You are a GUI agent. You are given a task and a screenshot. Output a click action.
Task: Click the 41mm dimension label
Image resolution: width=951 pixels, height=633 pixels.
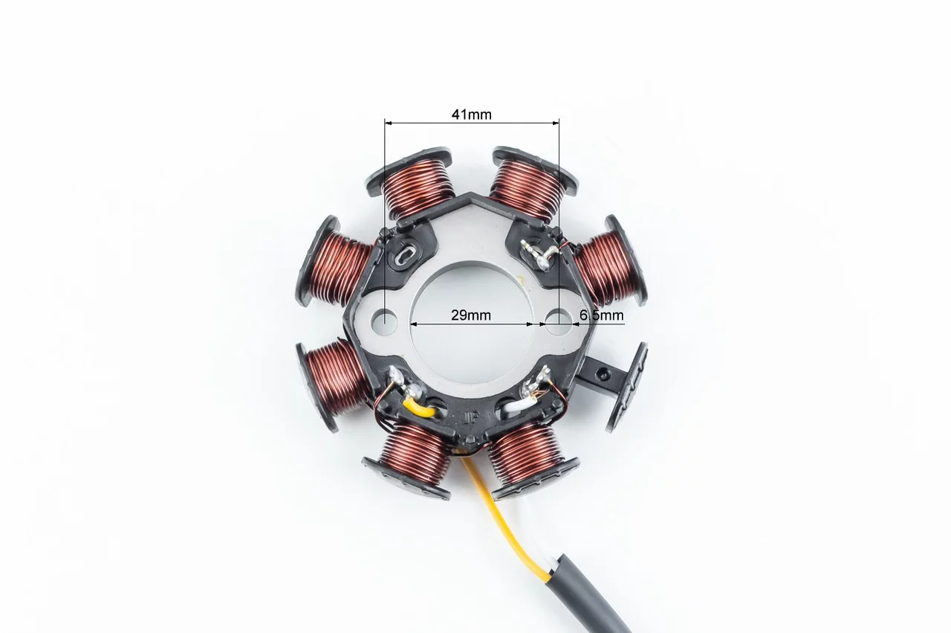tap(471, 115)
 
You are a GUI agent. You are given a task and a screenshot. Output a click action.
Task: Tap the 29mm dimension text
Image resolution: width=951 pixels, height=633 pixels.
tap(471, 315)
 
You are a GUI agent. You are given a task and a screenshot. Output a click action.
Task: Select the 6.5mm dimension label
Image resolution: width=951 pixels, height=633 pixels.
tap(602, 315)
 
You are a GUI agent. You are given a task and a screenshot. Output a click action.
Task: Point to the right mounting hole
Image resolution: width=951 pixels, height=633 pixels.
tap(558, 322)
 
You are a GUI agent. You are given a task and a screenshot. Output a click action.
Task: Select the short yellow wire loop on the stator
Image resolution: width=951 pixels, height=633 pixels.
tap(418, 409)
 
